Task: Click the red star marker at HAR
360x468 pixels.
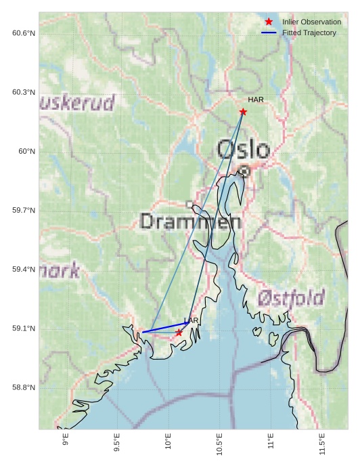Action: (x=243, y=112)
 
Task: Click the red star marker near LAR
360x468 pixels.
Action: (x=179, y=333)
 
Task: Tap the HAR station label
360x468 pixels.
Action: (x=256, y=100)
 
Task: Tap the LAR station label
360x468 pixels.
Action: (x=192, y=320)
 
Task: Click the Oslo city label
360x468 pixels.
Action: (x=244, y=150)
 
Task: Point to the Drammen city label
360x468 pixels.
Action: (x=190, y=221)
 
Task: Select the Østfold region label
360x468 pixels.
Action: (x=291, y=297)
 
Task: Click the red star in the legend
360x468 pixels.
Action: (x=269, y=22)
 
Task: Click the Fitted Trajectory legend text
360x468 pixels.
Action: (x=309, y=33)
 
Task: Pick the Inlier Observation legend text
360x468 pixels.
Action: (x=312, y=22)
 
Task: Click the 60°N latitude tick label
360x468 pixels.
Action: (x=27, y=151)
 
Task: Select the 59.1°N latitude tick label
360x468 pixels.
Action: (x=24, y=328)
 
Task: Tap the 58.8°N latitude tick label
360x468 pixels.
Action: (x=24, y=387)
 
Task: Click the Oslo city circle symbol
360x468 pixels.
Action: (x=244, y=172)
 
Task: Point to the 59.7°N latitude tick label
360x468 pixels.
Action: (x=24, y=211)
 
